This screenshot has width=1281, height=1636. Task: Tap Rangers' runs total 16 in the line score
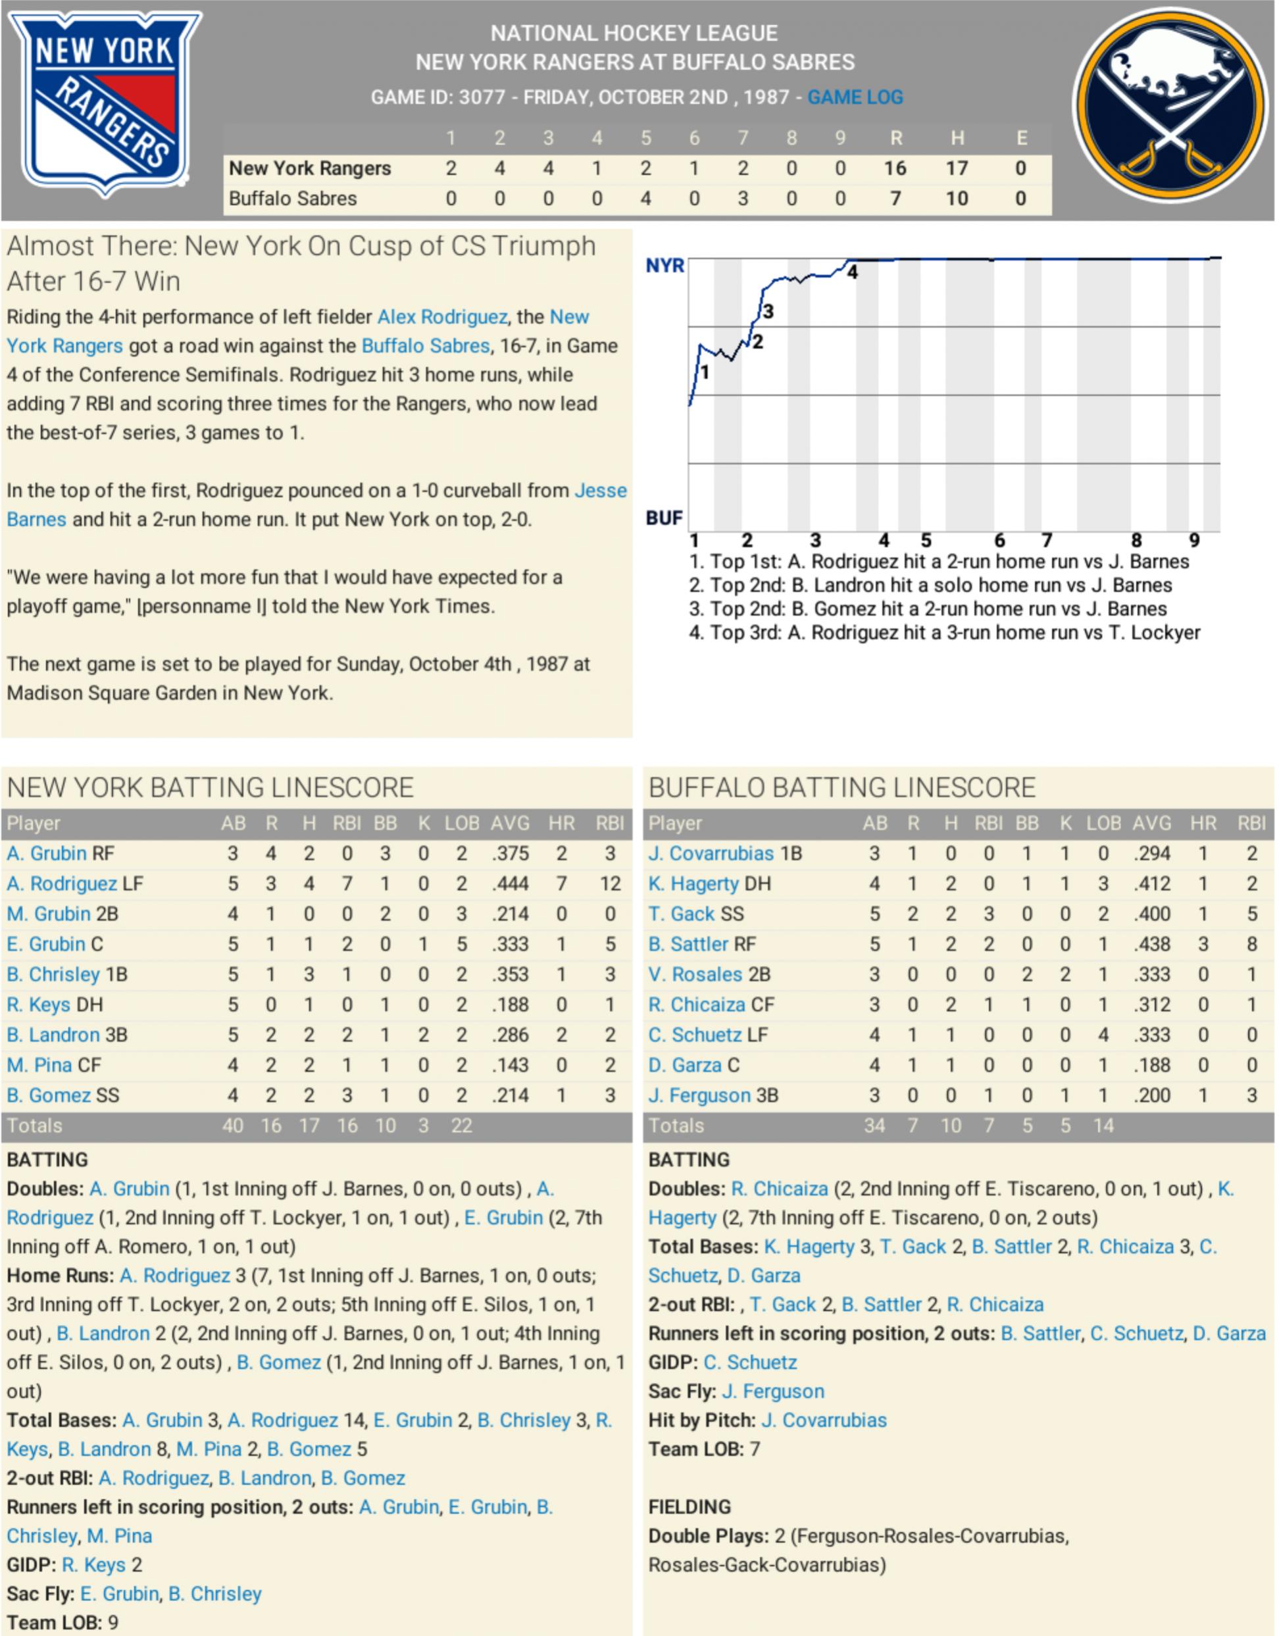click(x=895, y=168)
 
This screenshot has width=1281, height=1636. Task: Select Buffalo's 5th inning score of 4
click(x=645, y=199)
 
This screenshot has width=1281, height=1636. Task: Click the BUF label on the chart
click(x=664, y=518)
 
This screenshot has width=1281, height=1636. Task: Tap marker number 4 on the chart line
click(x=853, y=273)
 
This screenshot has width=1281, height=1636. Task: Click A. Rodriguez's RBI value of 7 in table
click(x=347, y=884)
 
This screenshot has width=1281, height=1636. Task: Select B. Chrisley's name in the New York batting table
click(x=53, y=975)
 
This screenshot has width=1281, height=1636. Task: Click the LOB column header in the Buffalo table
click(x=1103, y=823)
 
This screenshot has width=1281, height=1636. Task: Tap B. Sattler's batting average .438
click(x=1152, y=945)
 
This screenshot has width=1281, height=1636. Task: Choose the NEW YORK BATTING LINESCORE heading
click(x=210, y=788)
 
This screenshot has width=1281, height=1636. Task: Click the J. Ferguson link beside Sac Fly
click(x=773, y=1391)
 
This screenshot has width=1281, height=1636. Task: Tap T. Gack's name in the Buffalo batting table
click(x=681, y=914)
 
